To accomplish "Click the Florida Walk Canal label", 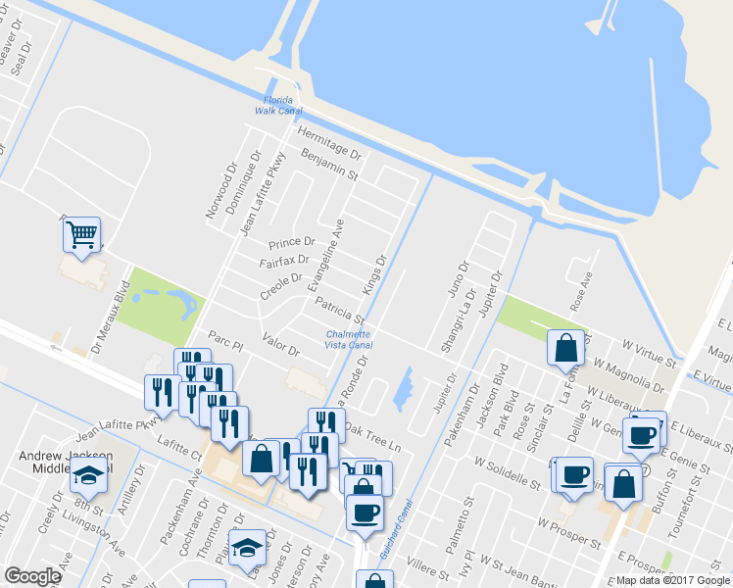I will point(278,105).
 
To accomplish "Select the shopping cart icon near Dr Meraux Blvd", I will point(82,235).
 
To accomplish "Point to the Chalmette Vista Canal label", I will point(349,340).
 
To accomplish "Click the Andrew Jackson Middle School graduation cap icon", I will point(89,477).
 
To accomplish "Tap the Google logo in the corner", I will point(32,576).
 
